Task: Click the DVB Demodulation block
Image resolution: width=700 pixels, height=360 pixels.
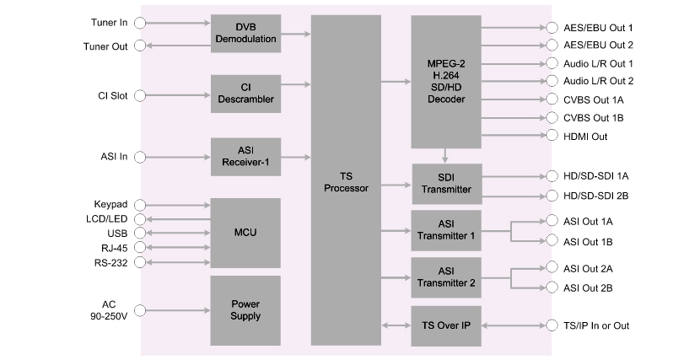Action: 245,34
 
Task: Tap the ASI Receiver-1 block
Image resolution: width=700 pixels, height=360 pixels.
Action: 245,156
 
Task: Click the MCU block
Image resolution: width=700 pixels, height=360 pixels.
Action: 245,232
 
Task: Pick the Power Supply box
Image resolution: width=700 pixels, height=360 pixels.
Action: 245,309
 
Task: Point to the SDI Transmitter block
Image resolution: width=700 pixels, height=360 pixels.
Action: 446,183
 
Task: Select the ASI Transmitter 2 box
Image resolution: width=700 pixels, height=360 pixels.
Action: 446,277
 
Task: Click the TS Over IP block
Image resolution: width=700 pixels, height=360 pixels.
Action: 446,325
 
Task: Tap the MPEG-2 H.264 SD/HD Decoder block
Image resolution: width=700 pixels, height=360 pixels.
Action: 446,83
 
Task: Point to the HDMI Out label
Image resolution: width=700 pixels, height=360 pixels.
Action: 585,136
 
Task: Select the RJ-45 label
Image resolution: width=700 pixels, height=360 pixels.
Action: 113,248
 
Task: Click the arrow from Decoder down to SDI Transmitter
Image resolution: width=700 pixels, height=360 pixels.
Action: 446,156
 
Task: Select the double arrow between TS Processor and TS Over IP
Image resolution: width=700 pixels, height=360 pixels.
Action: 396,325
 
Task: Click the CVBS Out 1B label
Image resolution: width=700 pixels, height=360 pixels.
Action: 594,117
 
